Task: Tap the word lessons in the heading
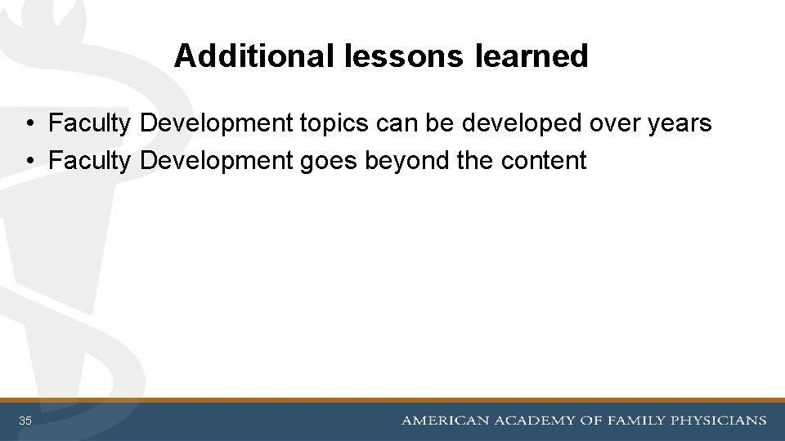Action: pos(397,56)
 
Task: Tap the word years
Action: pos(678,124)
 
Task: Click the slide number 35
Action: pos(25,421)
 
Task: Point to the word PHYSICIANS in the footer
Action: pos(719,421)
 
